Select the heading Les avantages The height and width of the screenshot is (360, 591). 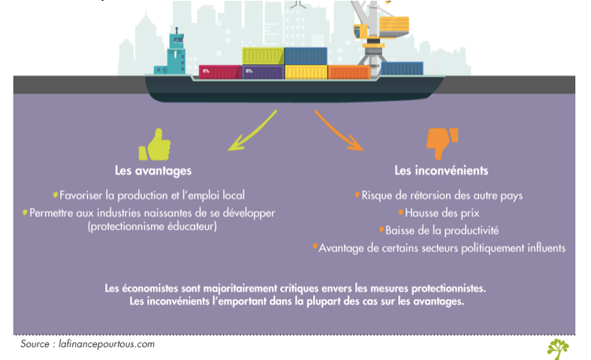click(x=153, y=171)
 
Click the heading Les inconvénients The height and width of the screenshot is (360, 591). click(x=442, y=171)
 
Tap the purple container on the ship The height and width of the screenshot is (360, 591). click(x=263, y=72)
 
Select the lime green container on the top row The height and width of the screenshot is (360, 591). click(x=263, y=56)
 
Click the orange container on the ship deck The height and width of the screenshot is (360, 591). click(x=348, y=72)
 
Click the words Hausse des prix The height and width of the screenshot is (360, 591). click(x=442, y=213)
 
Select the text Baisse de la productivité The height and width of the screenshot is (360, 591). click(x=442, y=230)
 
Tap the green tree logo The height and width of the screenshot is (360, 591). click(x=558, y=348)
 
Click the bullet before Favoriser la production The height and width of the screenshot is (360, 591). click(x=56, y=195)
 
